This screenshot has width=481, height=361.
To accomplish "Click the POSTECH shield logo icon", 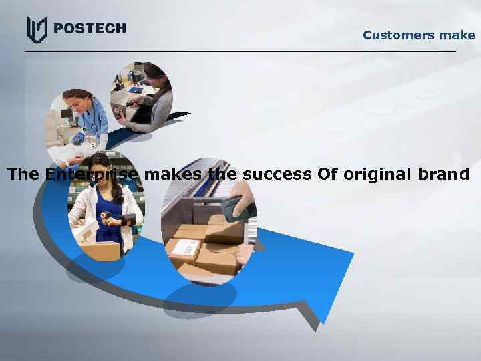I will click(x=37, y=29).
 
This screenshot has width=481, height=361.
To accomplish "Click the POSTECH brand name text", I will click(x=88, y=28).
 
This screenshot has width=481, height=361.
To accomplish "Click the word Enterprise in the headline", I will click(x=93, y=175).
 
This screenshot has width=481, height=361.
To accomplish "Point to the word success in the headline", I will click(x=277, y=175).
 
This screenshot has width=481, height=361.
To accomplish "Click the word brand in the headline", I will click(x=443, y=175).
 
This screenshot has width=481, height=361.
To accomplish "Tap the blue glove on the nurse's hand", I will click(x=79, y=138).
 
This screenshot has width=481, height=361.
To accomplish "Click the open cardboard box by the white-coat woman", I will click(x=98, y=247).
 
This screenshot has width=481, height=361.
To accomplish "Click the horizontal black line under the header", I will click(x=240, y=51).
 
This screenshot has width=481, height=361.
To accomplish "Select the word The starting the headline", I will click(x=23, y=175).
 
